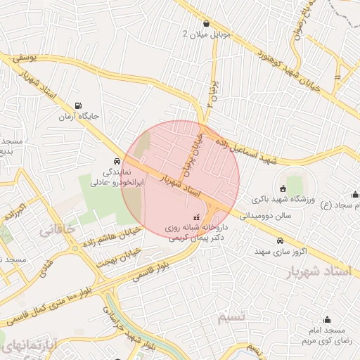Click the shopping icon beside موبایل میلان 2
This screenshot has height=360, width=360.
(x=205, y=24)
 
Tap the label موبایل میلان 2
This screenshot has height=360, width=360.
(x=185, y=34)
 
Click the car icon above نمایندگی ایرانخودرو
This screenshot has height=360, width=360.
(x=116, y=160)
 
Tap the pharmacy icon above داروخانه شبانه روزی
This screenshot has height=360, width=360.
(x=196, y=217)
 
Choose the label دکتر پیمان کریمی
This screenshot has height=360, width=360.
(x=187, y=238)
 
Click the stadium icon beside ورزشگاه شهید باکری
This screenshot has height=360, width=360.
(x=283, y=188)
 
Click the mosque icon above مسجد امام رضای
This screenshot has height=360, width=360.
(x=327, y=320)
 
